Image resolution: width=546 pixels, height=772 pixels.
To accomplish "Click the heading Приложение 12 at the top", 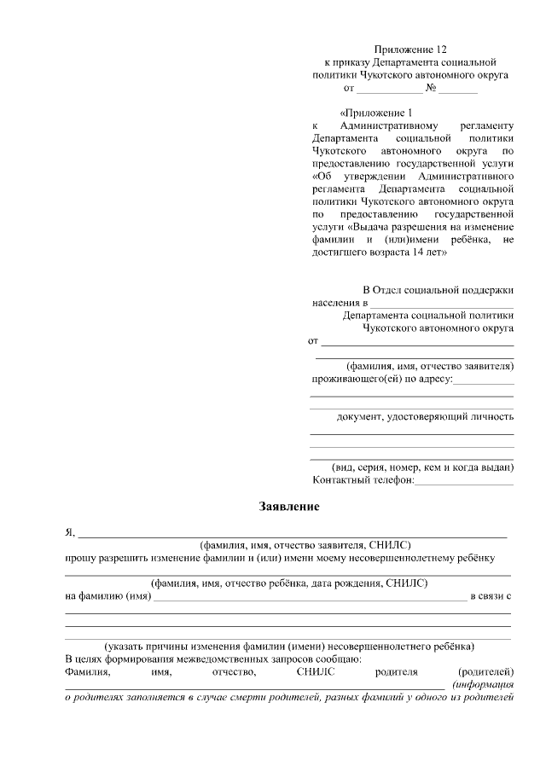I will (410, 49).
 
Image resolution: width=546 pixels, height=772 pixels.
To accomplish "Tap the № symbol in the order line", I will (432, 88).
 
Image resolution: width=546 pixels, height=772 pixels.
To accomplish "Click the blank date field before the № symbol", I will (388, 89).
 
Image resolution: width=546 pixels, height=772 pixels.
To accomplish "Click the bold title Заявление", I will (289, 508).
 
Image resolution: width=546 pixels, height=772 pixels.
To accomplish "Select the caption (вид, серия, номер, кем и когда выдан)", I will (422, 467).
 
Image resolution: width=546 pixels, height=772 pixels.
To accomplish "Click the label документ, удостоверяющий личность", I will (425, 416).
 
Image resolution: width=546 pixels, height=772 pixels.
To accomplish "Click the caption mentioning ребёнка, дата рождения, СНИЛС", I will (288, 583).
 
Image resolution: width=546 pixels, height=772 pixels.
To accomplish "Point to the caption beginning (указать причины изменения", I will (289, 646).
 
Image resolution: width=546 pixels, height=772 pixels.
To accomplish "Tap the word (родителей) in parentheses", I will (485, 671).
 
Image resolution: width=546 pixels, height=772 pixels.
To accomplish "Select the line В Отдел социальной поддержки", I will (439, 290).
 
